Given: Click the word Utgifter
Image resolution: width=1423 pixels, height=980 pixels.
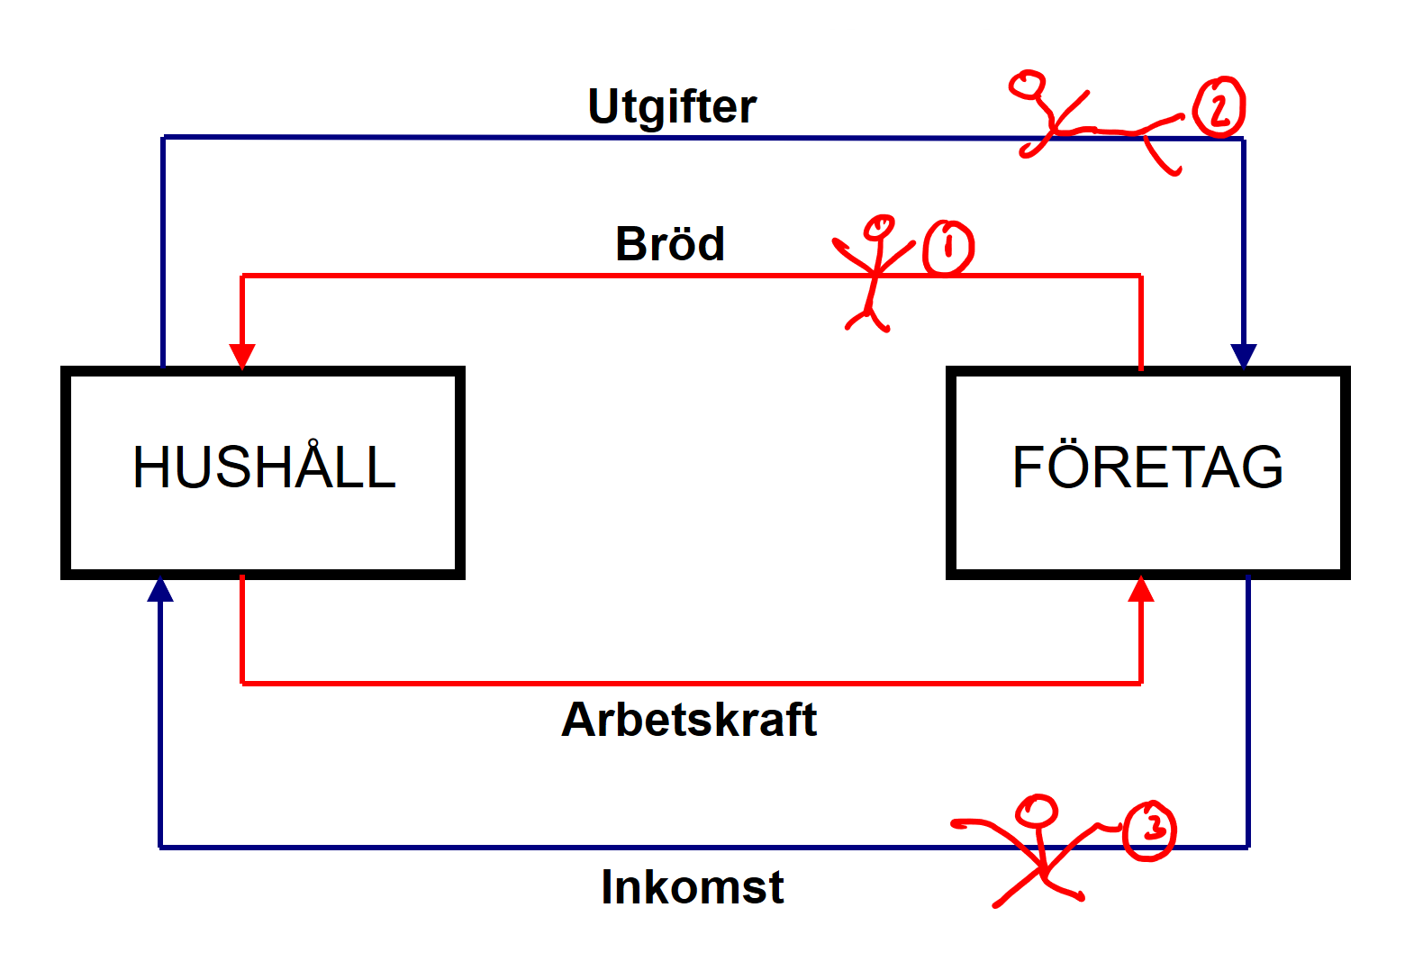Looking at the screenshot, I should click(x=672, y=107).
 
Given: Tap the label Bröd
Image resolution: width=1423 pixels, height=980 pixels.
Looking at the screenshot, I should click(x=670, y=244).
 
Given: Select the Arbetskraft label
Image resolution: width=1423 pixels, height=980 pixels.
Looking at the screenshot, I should click(x=689, y=720).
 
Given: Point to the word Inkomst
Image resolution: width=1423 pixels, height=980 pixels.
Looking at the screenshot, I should click(x=692, y=887).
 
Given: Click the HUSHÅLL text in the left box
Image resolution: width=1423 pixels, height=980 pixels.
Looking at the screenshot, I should click(x=264, y=467).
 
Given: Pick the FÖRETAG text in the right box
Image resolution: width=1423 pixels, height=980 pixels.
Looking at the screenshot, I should click(x=1147, y=467).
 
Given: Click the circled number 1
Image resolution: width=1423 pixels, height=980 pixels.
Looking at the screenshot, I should click(x=948, y=247).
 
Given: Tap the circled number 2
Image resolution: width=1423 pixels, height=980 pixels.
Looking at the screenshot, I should click(x=1219, y=107).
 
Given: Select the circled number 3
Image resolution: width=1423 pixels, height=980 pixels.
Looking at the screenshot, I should click(x=1150, y=830).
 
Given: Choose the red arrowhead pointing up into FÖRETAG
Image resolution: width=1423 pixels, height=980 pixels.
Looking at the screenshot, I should click(x=1141, y=589).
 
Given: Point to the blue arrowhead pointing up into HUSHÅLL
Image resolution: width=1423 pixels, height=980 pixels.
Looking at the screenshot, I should click(x=160, y=590).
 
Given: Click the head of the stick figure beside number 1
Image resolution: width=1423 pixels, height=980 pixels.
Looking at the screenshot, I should click(x=879, y=227).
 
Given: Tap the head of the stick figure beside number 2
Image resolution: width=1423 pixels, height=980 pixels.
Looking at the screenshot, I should click(x=1027, y=86).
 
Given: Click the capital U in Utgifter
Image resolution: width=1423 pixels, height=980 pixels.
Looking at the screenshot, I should click(x=603, y=106).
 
